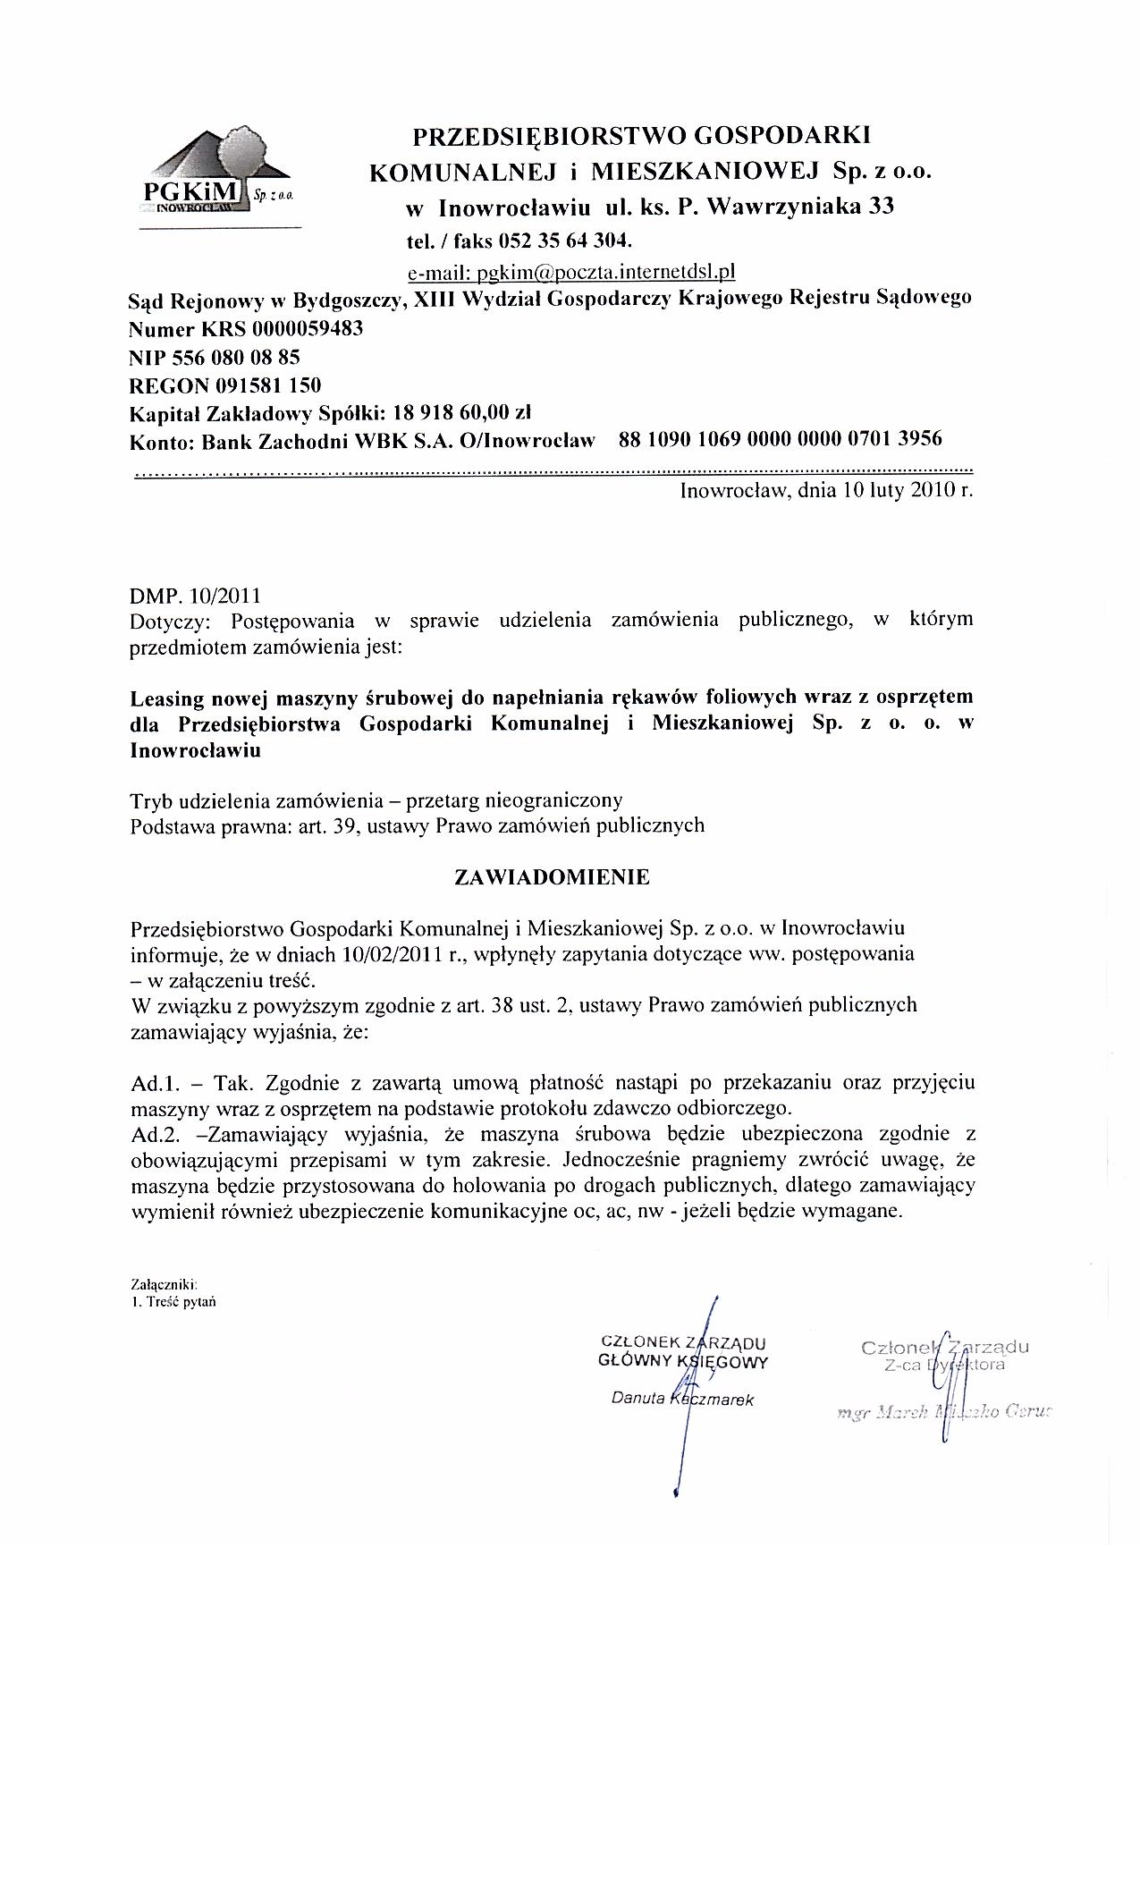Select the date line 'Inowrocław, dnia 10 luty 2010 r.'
pyautogui.click(x=826, y=490)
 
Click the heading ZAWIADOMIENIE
pyautogui.click(x=552, y=877)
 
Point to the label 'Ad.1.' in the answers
pyautogui.click(x=152, y=1083)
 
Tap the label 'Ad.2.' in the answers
pyautogui.click(x=153, y=1135)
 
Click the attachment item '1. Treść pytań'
pyautogui.click(x=173, y=1301)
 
